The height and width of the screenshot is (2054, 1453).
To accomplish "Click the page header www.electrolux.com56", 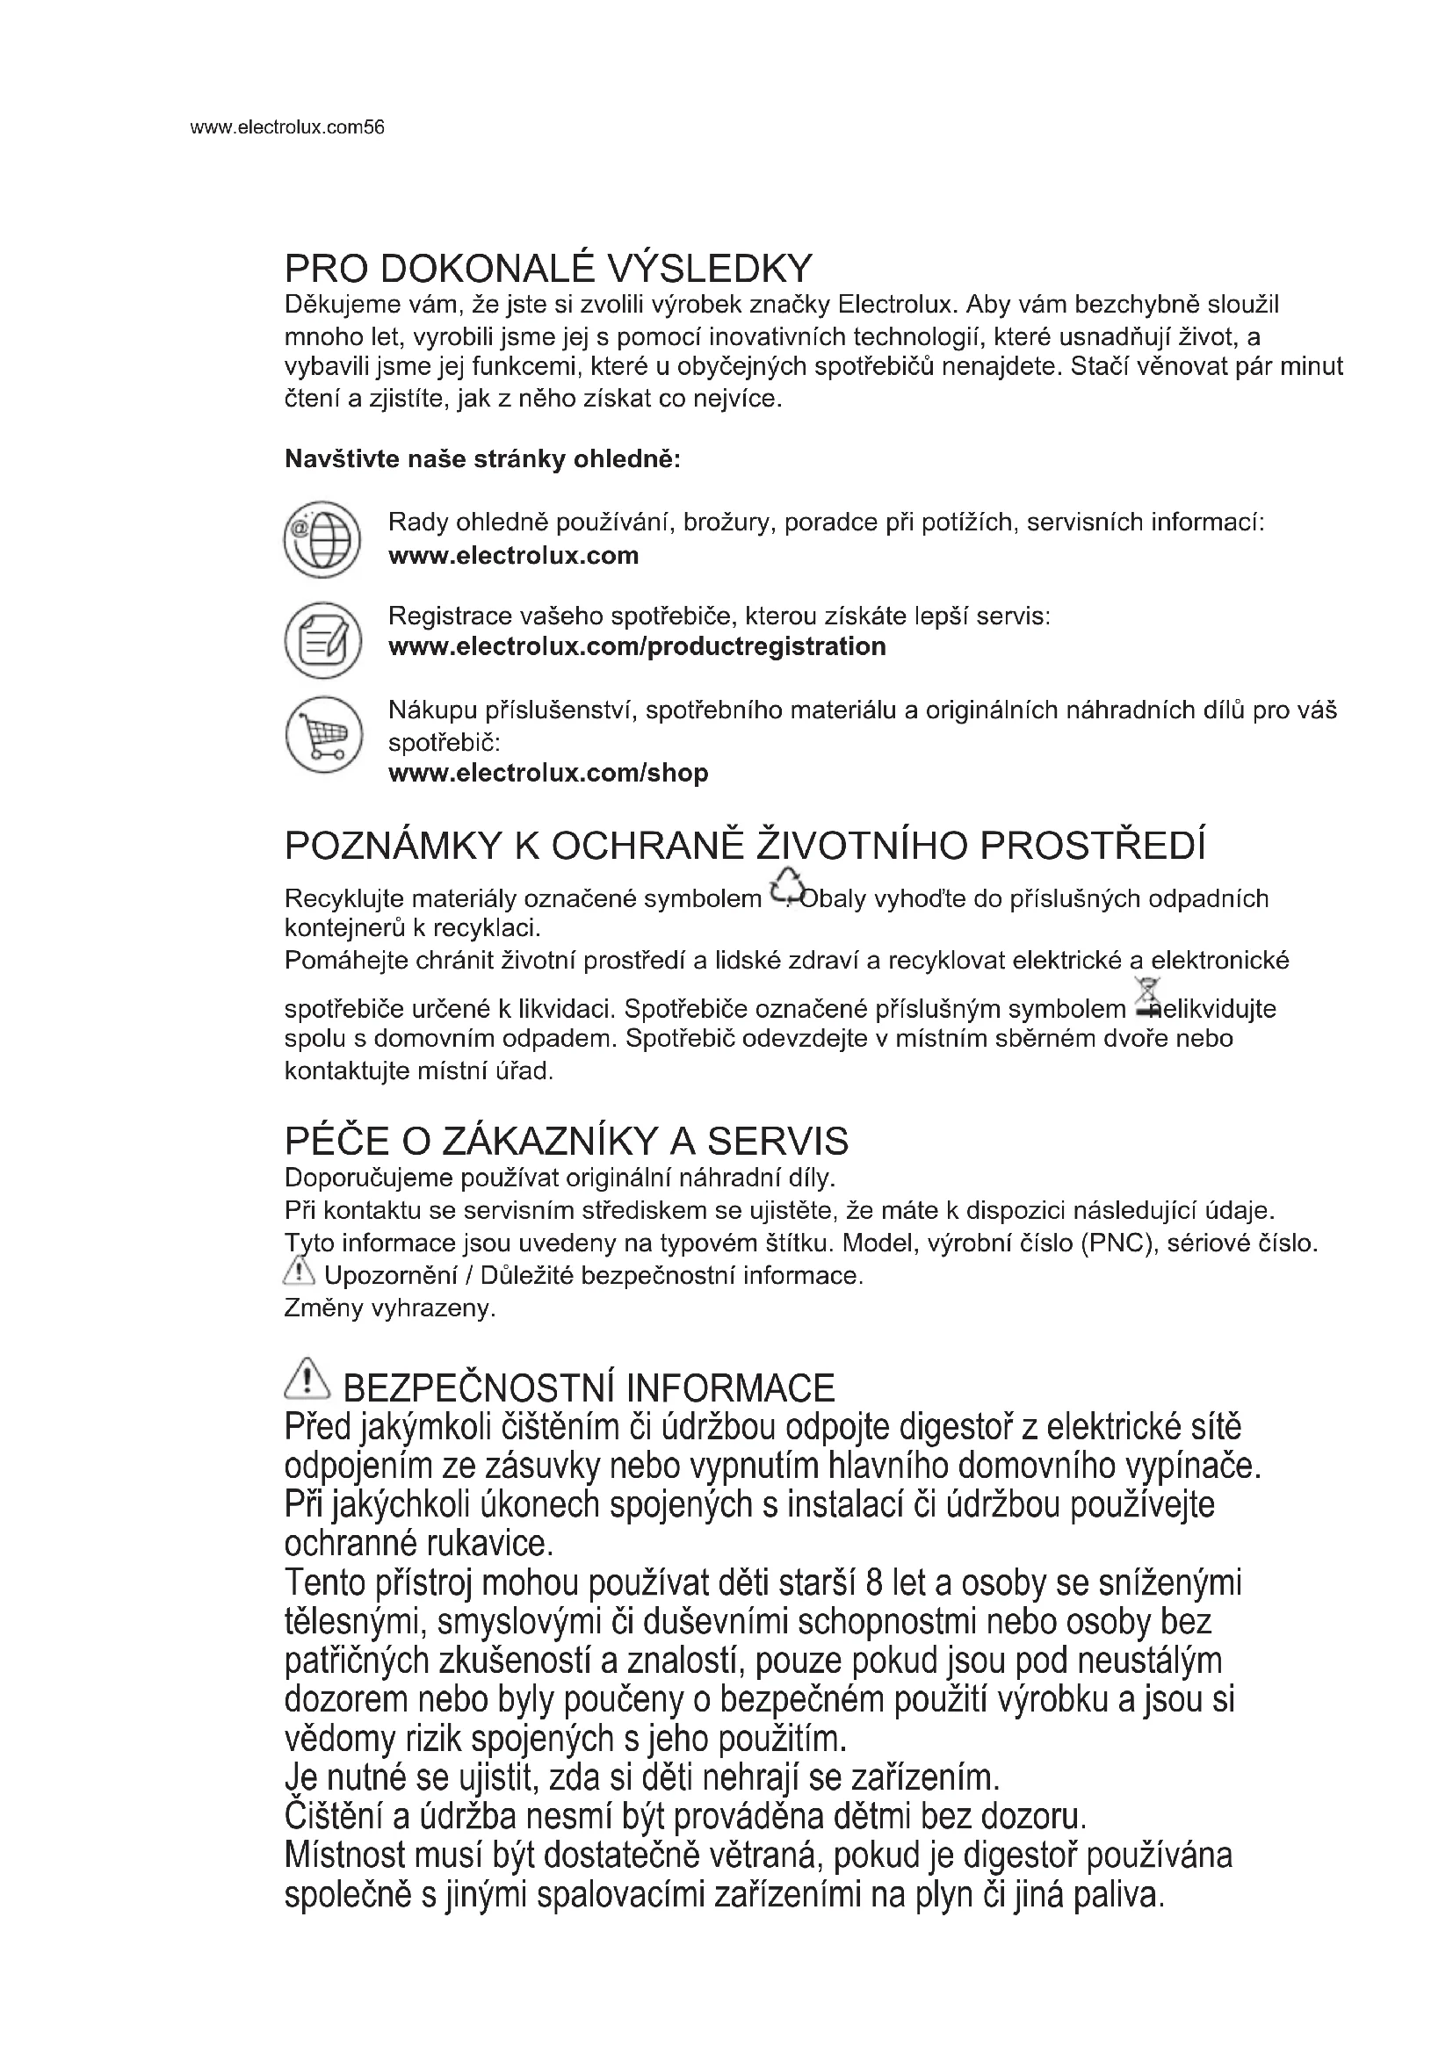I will [x=287, y=127].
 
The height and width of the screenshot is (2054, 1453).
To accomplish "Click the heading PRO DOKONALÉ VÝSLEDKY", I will [x=548, y=269].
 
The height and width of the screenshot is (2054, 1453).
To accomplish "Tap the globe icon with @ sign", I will [x=322, y=539].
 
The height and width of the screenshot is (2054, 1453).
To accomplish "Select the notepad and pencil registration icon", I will [x=322, y=639].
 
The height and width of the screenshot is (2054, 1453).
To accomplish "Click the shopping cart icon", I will [x=323, y=734].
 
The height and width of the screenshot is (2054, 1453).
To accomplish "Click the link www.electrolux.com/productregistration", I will [x=637, y=647].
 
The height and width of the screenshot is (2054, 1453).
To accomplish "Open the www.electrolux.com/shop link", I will [x=548, y=773].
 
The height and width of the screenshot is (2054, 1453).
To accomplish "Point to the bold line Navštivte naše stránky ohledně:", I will [x=483, y=460].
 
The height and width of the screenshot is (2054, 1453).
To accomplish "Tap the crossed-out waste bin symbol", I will [x=1146, y=998].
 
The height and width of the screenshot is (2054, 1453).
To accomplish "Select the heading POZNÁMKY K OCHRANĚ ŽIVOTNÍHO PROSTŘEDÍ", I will [x=745, y=846].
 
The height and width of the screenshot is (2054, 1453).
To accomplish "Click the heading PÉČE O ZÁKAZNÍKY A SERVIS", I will [x=567, y=1142].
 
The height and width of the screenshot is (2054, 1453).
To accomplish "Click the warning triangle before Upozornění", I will [x=299, y=1271].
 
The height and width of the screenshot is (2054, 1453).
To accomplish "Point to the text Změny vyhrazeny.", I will [x=390, y=1308].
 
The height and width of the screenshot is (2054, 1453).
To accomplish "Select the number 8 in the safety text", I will [x=875, y=1582].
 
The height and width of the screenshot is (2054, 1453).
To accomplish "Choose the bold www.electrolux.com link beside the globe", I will [x=514, y=556].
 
